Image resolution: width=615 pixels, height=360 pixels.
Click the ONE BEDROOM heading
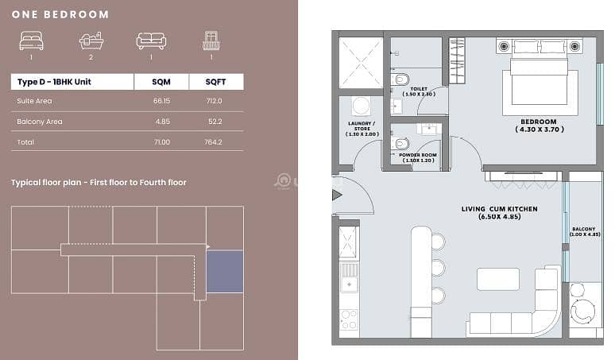click(x=60, y=14)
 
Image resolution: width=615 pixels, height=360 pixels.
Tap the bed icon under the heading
click(x=31, y=41)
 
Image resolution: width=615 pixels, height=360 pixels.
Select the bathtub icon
click(x=91, y=41)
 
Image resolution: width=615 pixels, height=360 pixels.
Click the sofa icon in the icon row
click(x=152, y=41)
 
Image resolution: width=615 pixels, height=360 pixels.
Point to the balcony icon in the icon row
click(x=211, y=41)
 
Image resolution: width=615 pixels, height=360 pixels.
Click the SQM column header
click(x=161, y=82)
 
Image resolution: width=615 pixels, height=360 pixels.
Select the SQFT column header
click(x=215, y=82)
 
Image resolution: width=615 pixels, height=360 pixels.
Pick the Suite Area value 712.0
click(x=215, y=101)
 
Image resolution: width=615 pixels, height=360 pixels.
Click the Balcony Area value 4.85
click(x=163, y=122)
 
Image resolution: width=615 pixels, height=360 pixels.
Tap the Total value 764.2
click(x=214, y=142)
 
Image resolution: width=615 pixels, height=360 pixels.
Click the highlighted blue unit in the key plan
click(x=225, y=271)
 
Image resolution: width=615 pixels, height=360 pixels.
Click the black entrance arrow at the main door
click(x=337, y=195)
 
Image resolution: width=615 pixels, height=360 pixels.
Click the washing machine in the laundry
click(x=361, y=106)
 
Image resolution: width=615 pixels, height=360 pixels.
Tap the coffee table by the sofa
click(x=498, y=279)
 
